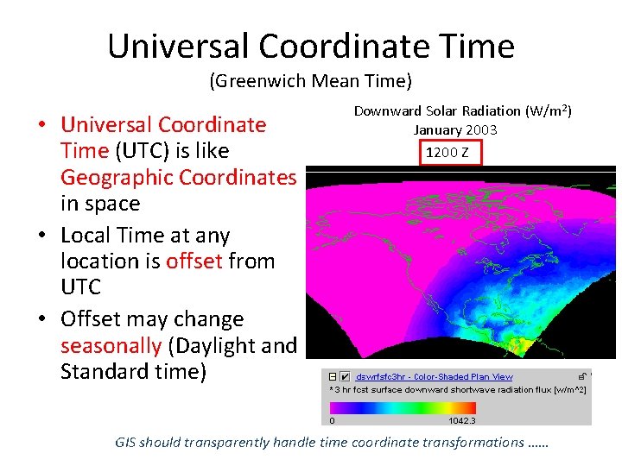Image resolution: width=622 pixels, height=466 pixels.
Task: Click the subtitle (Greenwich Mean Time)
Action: (x=310, y=82)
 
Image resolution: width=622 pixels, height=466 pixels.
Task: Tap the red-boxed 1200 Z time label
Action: (x=447, y=153)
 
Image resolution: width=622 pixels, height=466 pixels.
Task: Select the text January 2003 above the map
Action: (x=454, y=129)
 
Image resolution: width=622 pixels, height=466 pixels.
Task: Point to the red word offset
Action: (x=186, y=261)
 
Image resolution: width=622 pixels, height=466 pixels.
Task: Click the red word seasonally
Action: (x=111, y=346)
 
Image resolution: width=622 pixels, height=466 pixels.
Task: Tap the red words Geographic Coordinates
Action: (x=178, y=177)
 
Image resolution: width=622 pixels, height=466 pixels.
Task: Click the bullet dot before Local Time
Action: (x=41, y=236)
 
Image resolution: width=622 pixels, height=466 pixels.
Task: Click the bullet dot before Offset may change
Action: (x=41, y=320)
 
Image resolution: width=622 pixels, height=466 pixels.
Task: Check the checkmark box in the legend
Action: (x=345, y=376)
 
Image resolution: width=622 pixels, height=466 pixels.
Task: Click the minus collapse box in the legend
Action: (x=331, y=376)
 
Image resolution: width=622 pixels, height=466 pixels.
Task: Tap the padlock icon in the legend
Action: (x=584, y=376)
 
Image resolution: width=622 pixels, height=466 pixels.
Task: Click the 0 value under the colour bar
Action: (x=332, y=420)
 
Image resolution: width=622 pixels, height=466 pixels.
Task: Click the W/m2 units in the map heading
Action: (x=549, y=111)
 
